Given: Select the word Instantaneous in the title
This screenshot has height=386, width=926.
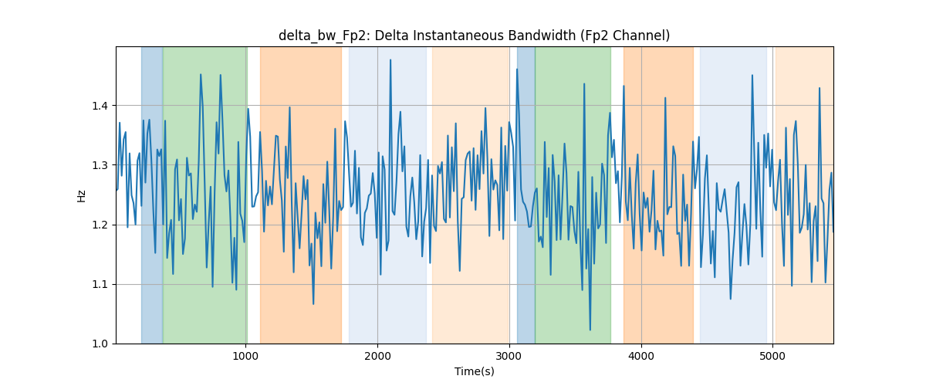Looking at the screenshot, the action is pos(458,36).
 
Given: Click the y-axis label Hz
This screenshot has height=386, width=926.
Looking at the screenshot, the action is pos(82,195).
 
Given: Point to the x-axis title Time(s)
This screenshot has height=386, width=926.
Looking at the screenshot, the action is pos(474,371).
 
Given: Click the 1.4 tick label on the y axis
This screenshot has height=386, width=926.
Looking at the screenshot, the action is pos(100,106).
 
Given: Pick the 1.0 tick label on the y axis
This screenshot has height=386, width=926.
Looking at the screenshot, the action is pos(100,344).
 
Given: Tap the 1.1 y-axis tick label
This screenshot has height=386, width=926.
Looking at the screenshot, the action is pos(100,285).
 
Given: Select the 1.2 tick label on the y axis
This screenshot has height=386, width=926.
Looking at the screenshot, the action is pos(100,225).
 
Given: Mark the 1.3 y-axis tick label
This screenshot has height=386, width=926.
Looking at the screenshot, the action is pos(100,165).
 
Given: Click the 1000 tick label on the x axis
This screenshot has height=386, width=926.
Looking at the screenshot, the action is pos(246,356).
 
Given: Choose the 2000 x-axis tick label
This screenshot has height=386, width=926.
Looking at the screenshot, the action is pos(377,356).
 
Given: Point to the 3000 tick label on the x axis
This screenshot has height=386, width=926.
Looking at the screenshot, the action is pos(509,356).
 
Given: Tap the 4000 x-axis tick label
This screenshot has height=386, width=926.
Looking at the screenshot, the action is pos(641,356).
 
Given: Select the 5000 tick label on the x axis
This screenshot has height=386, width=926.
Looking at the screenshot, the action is pos(772,356).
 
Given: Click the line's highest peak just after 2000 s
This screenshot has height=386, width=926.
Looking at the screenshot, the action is pos(390,60).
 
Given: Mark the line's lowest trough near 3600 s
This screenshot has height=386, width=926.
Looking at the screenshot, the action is pos(590,330).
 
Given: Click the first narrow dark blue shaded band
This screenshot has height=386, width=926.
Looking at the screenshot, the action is pos(152,195).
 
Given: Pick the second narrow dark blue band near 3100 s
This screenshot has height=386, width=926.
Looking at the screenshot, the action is pos(526,195).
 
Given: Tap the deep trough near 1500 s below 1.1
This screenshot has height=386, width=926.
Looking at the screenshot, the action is pos(313,304).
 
